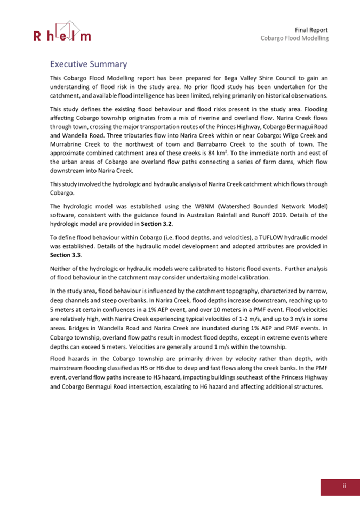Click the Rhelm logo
pyautogui.click(x=62, y=31)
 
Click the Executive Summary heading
pyautogui.click(x=88, y=64)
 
